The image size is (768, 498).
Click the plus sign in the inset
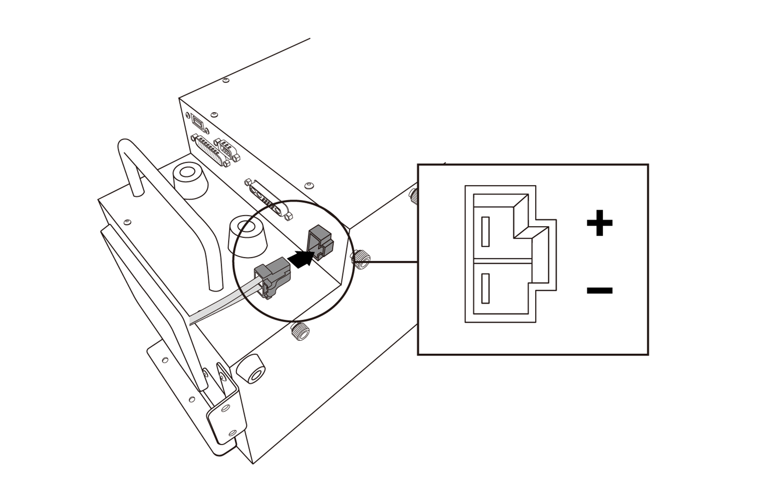pos(599,223)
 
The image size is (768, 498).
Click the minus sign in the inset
pos(599,290)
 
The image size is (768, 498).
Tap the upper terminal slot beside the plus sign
pos(485,231)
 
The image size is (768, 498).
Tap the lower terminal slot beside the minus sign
pos(485,288)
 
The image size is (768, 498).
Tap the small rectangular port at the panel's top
pos(197,123)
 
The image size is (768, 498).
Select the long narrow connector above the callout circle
pos(268,199)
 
